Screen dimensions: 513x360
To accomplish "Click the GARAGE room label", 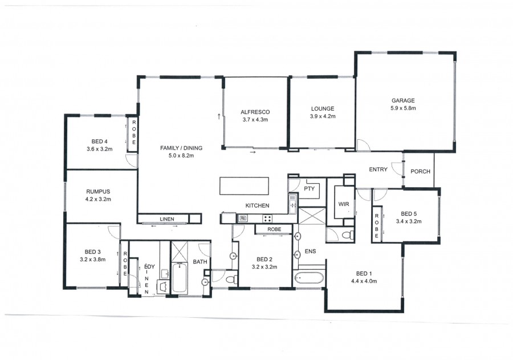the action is click(403, 100).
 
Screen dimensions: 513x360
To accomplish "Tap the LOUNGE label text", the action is click(323, 109).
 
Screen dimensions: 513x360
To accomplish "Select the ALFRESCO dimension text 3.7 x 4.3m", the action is click(255, 120).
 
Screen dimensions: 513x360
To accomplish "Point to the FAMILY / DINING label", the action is click(181, 148).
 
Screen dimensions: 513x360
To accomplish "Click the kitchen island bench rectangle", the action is click(244, 186).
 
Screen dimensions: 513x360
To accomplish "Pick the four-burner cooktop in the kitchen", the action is click(267, 219).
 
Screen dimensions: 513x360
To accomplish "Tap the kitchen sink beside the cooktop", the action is click(243, 218).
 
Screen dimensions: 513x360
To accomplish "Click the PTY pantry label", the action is click(309, 189).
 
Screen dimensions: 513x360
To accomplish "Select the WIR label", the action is click(344, 204).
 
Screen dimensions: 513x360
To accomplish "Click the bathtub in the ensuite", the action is click(309, 278).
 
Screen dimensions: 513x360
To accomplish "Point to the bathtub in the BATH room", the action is click(180, 277).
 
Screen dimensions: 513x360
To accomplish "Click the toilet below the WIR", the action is click(347, 235).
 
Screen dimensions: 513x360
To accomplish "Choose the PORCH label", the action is click(421, 171).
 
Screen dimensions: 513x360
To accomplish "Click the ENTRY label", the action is click(378, 169).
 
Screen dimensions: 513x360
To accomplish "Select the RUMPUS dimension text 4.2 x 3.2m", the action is click(98, 199).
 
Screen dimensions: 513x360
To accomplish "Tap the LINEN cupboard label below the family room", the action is click(167, 219).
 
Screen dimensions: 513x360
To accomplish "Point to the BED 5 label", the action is click(409, 213).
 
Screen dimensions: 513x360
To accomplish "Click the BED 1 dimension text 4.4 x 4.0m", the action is click(364, 281).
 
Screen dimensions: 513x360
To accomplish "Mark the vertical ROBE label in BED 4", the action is click(134, 132).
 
